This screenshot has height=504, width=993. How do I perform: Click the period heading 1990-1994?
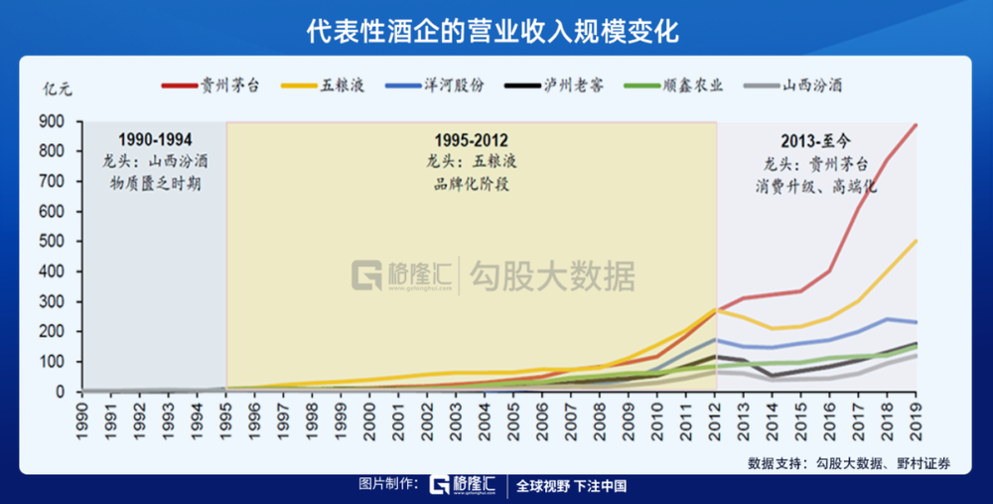click(155, 139)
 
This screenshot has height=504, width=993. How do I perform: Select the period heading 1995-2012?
click(471, 139)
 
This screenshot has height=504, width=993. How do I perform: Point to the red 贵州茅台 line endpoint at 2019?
click(916, 124)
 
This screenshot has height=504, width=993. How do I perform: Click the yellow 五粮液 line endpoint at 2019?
click(916, 240)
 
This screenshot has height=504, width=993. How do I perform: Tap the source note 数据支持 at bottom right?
click(860, 462)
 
